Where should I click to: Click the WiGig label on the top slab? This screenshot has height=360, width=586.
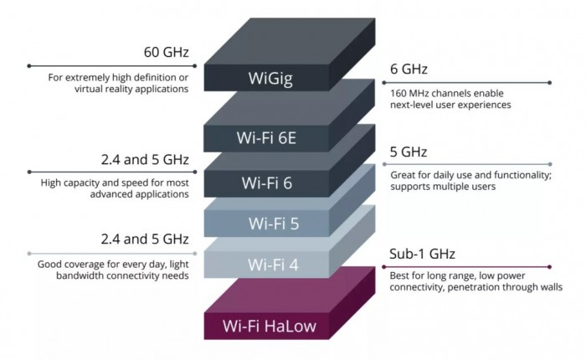click(x=268, y=79)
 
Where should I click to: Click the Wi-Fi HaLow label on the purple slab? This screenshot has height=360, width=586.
click(x=268, y=325)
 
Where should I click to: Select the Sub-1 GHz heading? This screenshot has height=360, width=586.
click(x=423, y=254)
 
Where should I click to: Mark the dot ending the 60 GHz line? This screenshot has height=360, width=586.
click(x=29, y=64)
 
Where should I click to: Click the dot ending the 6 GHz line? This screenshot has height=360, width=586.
click(x=549, y=82)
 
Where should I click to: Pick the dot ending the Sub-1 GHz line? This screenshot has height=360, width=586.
click(x=549, y=266)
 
